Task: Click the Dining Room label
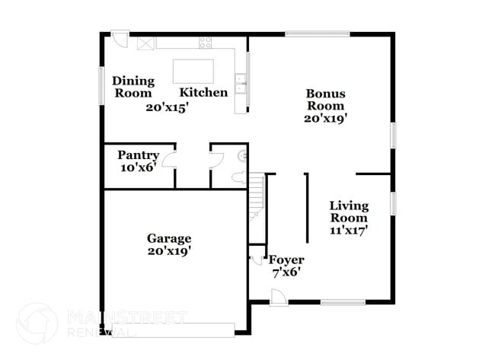point(133,86)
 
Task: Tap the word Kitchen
point(203,92)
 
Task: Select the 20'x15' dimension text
point(168,107)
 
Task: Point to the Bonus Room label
point(325,100)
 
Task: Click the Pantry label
point(138,155)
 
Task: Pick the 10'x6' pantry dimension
point(138,167)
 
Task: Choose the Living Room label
point(349,212)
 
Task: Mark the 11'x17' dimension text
point(349,231)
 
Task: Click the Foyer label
point(286,260)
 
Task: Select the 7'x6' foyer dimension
point(286,272)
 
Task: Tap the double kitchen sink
point(240,83)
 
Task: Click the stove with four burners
point(145,44)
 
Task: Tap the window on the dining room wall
point(101,84)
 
